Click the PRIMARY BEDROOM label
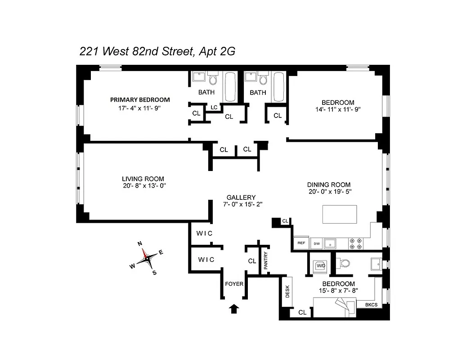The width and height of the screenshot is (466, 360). (140, 99)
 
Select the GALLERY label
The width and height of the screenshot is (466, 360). (241, 197)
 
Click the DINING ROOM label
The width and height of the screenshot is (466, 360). (328, 184)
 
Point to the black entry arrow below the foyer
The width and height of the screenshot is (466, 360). (234, 308)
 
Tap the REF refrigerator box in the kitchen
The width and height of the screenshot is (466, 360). (301, 243)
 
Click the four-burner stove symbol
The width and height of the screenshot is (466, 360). (356, 243)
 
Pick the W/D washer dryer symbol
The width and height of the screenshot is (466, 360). (321, 265)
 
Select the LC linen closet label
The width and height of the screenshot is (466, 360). (214, 107)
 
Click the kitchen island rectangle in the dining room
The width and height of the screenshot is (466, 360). (340, 214)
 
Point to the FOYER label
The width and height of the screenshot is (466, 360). (234, 283)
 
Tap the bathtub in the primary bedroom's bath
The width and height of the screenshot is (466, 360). (230, 86)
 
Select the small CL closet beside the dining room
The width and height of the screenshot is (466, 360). (285, 221)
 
